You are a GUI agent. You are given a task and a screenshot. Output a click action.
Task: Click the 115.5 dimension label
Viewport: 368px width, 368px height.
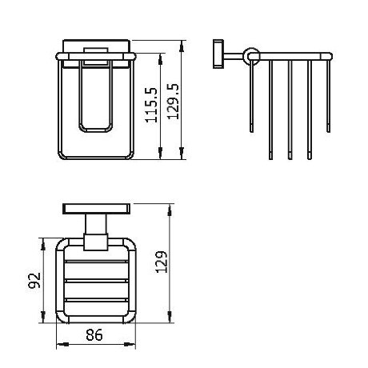coord(151,105)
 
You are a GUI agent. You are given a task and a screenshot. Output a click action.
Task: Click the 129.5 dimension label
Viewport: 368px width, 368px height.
coord(173,101)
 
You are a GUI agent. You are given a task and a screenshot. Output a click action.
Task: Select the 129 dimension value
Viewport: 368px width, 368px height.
coord(162,262)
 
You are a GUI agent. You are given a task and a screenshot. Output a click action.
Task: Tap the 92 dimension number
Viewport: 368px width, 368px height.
coord(34,280)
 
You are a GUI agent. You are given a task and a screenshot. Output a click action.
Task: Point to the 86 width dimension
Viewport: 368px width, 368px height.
coord(94,334)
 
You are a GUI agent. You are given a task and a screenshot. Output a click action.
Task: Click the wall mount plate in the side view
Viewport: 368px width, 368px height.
coord(218,54)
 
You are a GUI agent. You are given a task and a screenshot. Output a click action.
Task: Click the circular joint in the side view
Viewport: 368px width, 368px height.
coord(251,57)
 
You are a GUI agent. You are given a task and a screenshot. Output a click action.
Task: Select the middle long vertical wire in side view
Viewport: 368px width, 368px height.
coord(290,110)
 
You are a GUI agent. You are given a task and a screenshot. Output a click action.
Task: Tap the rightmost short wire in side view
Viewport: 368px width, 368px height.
coord(328,96)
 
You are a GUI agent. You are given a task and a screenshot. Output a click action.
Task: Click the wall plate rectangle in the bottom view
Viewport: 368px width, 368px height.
coord(97,209)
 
